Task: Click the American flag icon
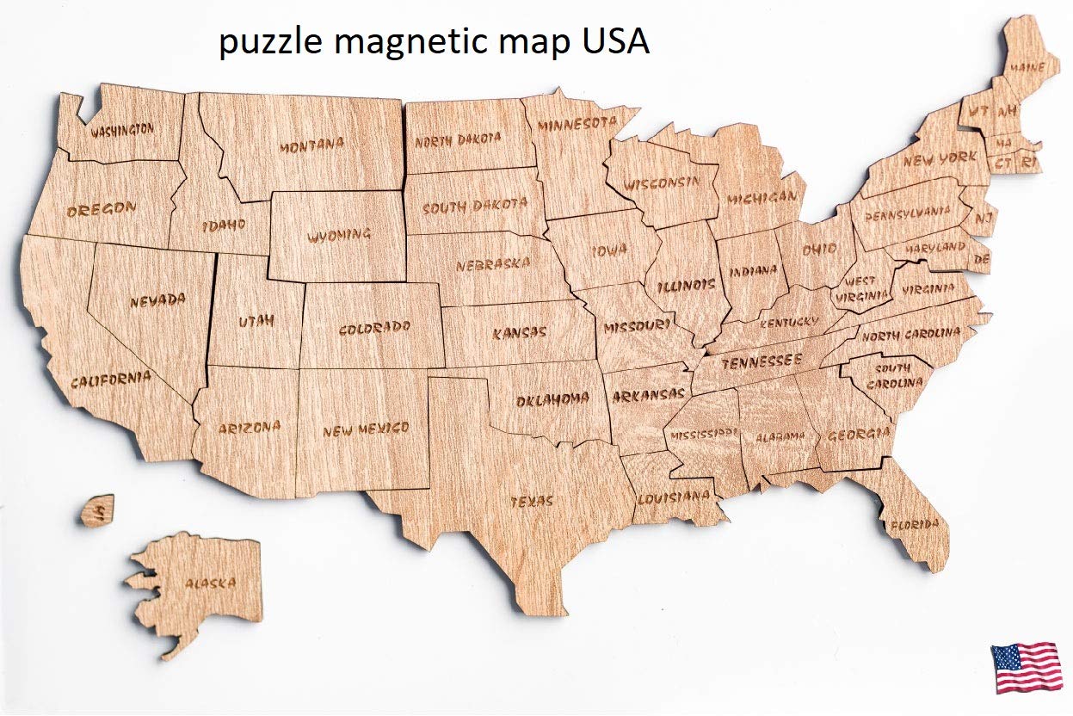(1026, 667)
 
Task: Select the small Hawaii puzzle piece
(97, 510)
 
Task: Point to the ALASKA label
(210, 583)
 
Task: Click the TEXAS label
(533, 501)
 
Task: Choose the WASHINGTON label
(123, 131)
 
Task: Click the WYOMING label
(340, 234)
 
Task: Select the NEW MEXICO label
(366, 429)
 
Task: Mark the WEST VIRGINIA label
(863, 288)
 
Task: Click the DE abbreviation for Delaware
(982, 258)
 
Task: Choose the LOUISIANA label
(674, 497)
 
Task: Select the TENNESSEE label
(762, 361)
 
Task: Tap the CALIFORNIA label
(111, 379)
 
